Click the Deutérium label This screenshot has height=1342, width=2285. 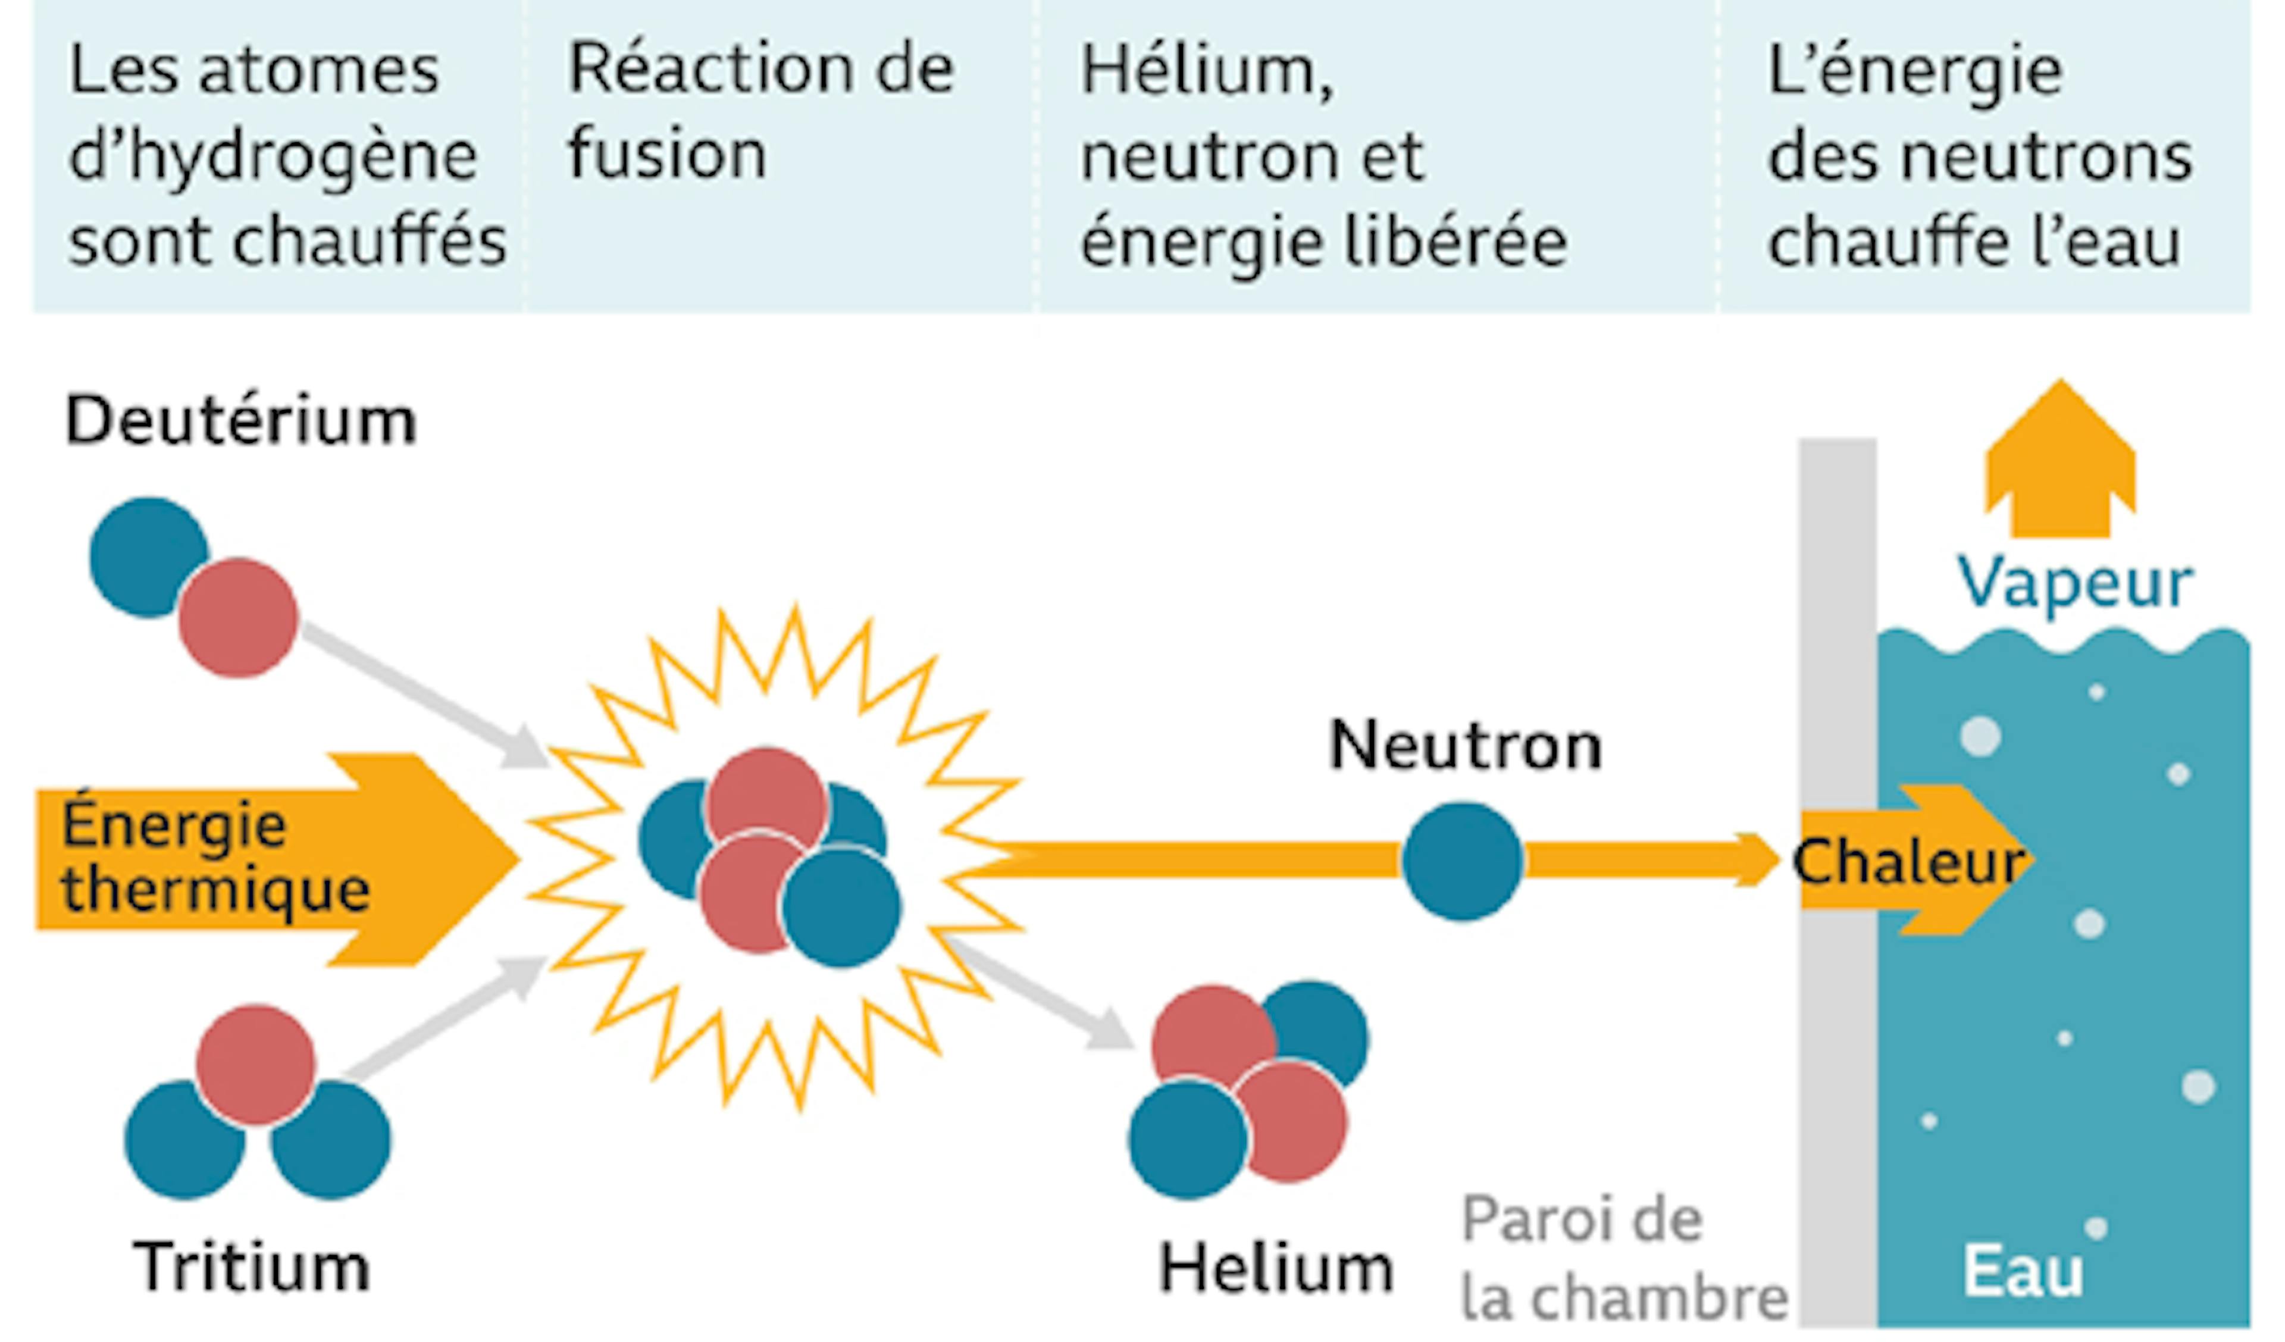[241, 421]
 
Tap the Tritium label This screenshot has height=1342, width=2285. [252, 1268]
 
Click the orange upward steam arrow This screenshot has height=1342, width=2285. [2060, 458]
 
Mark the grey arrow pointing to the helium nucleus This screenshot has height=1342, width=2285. [1041, 994]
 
